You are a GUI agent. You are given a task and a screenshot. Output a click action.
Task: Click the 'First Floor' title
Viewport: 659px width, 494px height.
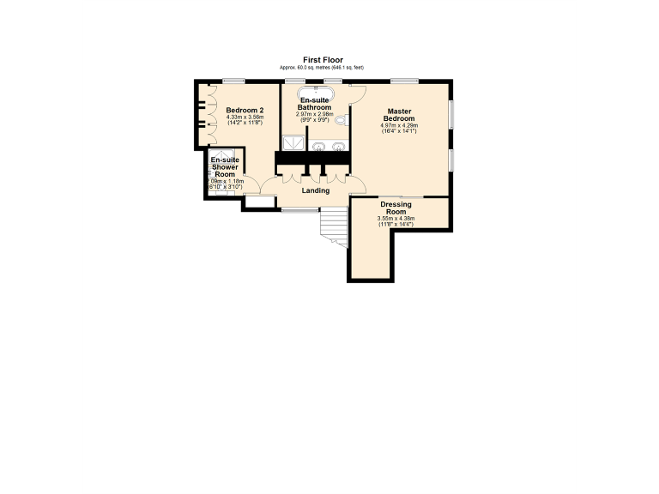click(323, 60)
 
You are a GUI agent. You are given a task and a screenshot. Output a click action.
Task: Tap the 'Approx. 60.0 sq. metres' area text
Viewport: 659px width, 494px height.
click(322, 67)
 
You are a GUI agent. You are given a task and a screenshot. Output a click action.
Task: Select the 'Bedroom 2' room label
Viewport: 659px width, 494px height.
click(244, 111)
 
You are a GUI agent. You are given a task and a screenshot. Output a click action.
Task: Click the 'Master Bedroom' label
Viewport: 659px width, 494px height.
click(399, 115)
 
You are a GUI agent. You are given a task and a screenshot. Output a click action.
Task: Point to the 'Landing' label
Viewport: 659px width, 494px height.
click(316, 190)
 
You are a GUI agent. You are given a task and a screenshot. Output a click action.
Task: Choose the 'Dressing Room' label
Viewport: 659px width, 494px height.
click(396, 208)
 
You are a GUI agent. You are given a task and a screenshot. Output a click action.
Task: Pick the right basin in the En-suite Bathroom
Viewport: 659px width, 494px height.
click(338, 147)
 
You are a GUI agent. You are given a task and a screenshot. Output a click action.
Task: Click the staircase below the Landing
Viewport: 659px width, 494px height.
click(333, 227)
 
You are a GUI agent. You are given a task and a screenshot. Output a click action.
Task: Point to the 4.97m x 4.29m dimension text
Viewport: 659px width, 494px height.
click(399, 125)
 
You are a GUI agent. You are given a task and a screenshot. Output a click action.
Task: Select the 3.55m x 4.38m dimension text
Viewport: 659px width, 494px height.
click(396, 218)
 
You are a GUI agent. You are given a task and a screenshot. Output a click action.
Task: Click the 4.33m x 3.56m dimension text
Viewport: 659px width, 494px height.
click(244, 118)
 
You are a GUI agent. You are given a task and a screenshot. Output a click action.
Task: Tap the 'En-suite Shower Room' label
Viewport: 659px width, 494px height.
click(225, 166)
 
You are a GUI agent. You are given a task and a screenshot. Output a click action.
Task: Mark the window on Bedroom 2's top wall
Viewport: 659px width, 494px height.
click(228, 81)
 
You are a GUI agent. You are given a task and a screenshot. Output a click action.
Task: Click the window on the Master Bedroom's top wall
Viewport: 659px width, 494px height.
click(403, 81)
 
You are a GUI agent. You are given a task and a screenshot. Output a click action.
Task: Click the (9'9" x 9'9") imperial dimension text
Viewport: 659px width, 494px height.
click(314, 119)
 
